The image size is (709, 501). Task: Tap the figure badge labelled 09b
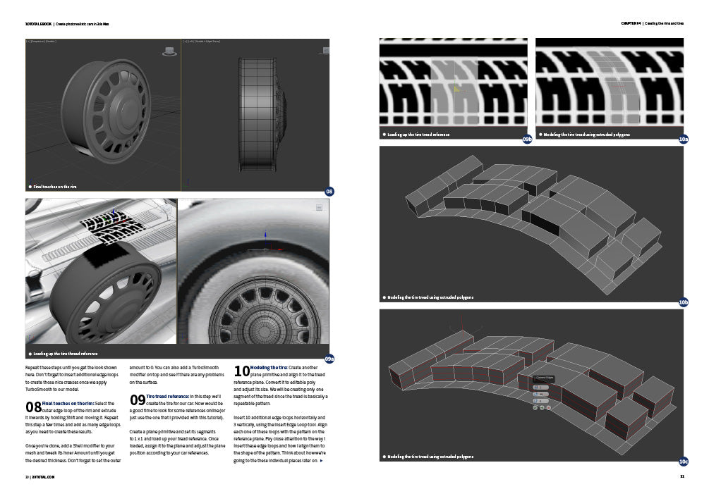[x=527, y=140]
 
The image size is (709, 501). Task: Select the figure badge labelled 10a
[x=683, y=140]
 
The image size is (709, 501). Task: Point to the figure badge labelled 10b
[x=683, y=302]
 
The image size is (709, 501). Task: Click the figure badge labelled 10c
[x=683, y=462]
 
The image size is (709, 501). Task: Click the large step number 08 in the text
[x=33, y=407]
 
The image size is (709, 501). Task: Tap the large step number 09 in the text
[x=138, y=400]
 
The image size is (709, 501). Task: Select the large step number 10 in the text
[x=241, y=371]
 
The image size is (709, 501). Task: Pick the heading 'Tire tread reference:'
[x=169, y=397]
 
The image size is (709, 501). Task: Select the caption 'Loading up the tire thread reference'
[x=65, y=354]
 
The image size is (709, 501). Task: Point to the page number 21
[x=681, y=477]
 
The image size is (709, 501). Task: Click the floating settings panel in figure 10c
[x=545, y=392]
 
